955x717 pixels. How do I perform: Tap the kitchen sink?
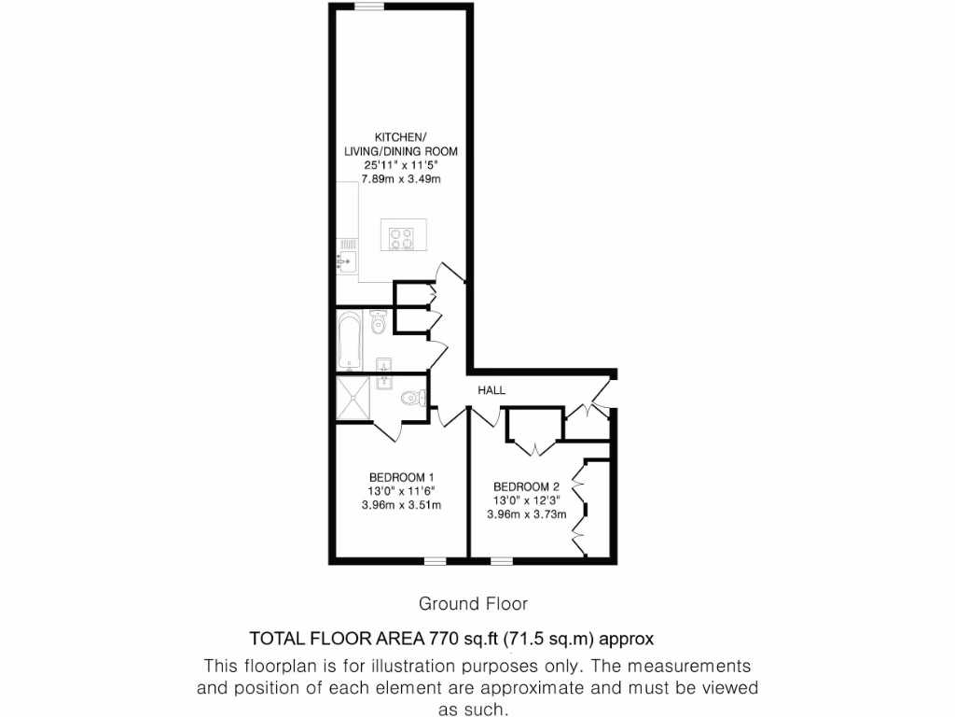tap(345, 256)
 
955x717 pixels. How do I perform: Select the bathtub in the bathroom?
tap(350, 342)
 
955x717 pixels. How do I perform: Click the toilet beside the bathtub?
tap(378, 322)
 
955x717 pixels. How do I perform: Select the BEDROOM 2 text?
tap(526, 486)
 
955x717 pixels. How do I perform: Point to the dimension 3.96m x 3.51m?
tap(400, 505)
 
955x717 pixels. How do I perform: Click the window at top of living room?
tap(368, 7)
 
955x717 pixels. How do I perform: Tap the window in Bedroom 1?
tap(434, 561)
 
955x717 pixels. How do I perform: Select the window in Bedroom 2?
tap(501, 561)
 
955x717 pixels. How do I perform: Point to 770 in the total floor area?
tap(443, 640)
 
